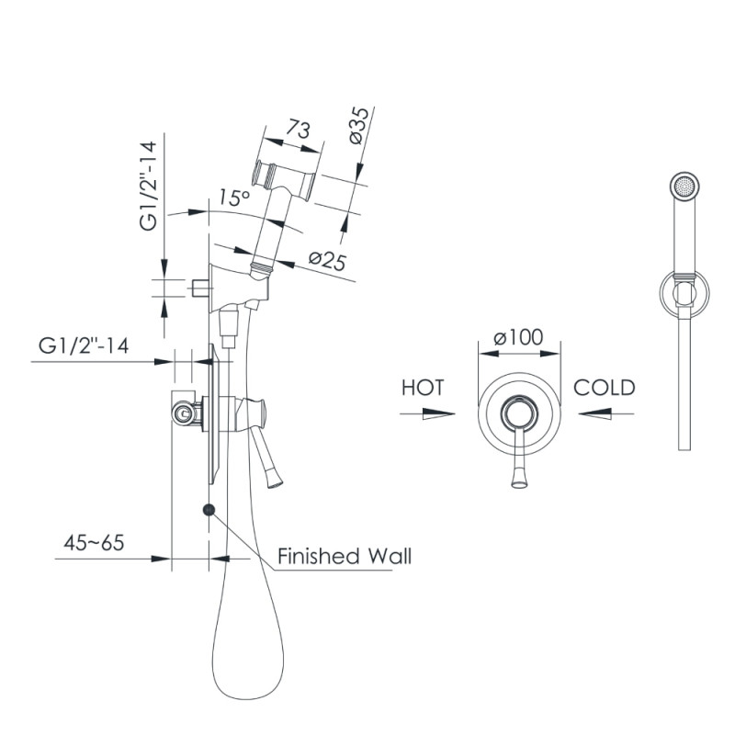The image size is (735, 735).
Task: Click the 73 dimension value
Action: [299, 129]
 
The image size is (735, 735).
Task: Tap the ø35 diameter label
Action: [360, 125]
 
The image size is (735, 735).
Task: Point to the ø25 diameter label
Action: [327, 261]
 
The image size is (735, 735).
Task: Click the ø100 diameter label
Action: [518, 337]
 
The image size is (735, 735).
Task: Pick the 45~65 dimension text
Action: [94, 542]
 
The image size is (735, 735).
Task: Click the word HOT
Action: [423, 388]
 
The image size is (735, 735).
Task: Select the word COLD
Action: [605, 388]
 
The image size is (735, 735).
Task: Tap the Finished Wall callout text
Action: [345, 556]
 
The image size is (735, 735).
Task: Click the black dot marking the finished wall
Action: [209, 510]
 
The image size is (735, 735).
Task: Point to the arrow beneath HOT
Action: [427, 414]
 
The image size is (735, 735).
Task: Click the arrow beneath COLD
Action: [606, 414]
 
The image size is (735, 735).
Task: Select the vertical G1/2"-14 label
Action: [148, 186]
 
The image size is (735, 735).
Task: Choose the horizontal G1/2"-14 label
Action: [84, 346]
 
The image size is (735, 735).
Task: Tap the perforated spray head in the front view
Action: [684, 187]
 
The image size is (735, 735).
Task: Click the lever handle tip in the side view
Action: [275, 483]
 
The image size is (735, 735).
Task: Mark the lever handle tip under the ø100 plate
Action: [518, 484]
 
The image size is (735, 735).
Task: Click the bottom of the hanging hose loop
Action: [247, 699]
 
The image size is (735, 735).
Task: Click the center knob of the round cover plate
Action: [518, 414]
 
